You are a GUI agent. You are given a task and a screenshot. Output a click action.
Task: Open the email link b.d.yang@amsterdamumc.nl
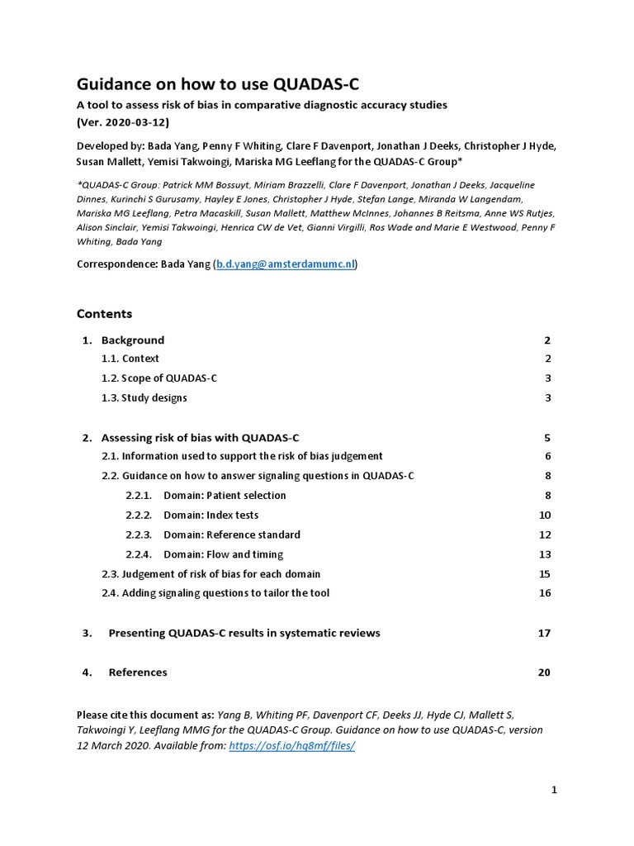[x=286, y=264]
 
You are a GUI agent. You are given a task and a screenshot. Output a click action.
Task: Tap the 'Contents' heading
[x=104, y=314]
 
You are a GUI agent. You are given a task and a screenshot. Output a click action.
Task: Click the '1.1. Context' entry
[x=130, y=359]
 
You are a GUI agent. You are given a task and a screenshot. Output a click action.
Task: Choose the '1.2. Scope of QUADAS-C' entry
[x=159, y=378]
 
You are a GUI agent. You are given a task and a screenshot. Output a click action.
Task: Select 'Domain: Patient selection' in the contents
[x=225, y=496]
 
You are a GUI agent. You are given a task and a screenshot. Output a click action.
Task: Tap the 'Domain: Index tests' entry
[x=211, y=515]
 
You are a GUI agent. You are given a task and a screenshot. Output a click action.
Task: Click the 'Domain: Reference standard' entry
[x=231, y=535]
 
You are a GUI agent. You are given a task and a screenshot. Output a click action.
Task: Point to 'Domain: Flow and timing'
[x=223, y=554]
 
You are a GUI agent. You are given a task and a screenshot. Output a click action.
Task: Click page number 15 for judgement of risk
[x=544, y=573]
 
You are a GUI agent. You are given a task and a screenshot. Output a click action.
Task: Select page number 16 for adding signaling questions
[x=544, y=592]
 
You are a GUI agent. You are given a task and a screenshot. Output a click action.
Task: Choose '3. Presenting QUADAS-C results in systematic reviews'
[x=244, y=633]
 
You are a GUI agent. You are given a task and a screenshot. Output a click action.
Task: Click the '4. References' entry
[x=137, y=672]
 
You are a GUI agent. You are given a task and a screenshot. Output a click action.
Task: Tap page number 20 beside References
[x=543, y=672]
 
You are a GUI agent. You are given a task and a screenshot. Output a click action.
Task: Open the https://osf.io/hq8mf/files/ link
[x=291, y=745]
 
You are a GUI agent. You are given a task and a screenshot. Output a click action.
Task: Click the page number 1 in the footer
[x=554, y=790]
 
